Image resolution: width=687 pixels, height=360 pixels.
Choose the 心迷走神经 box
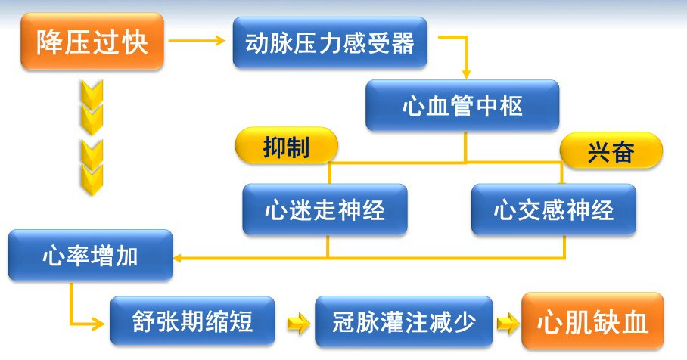tap(325, 209)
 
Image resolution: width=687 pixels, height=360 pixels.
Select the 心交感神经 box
tap(553, 209)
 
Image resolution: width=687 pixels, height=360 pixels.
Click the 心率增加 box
tap(90, 256)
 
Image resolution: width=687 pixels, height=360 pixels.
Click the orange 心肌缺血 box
tap(592, 322)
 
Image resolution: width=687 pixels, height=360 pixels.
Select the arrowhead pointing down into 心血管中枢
tap(466, 73)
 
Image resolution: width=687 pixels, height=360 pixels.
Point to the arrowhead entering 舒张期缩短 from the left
tap(101, 323)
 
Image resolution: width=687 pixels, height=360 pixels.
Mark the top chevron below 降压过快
tap(93, 93)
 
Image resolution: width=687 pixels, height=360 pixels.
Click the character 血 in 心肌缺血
tap(636, 323)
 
